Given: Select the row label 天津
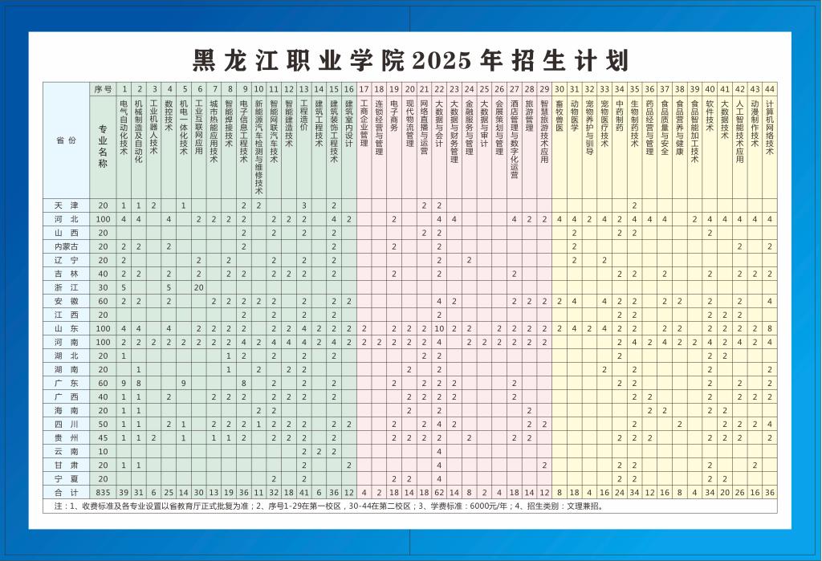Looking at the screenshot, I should click(66, 205).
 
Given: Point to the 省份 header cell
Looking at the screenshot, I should click(66, 140).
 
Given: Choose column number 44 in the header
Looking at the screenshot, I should click(770, 88).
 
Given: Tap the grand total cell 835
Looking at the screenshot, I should click(103, 492).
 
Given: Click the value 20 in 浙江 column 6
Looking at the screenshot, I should click(198, 287).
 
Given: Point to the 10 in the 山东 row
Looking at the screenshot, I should click(439, 328).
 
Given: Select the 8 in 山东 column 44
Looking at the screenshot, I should click(770, 328).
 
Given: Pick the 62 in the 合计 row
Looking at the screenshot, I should click(439, 492).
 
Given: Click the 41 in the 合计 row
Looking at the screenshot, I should click(304, 492).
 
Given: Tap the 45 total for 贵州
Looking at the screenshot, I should click(103, 437).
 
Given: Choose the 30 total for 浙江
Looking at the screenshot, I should click(103, 287).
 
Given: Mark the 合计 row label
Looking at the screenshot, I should click(66, 492).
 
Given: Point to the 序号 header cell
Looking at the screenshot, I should click(103, 88).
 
